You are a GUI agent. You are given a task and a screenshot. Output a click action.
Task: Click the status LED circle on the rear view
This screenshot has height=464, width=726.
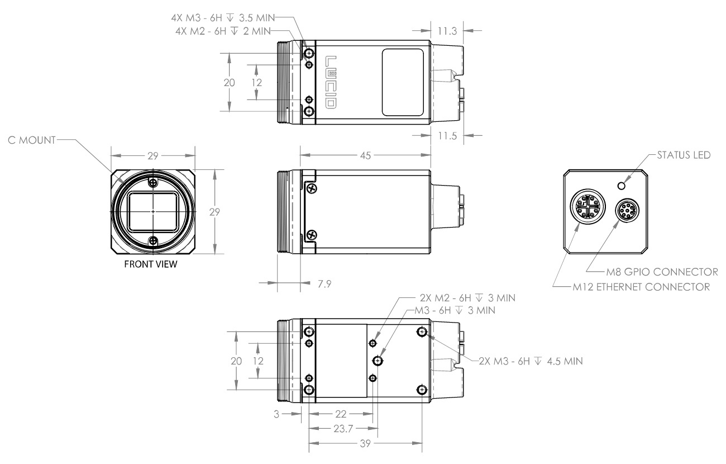[620, 185]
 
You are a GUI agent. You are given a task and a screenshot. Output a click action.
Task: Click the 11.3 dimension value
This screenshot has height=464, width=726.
[447, 31]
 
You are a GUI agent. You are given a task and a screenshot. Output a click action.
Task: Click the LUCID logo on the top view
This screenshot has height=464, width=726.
[331, 81]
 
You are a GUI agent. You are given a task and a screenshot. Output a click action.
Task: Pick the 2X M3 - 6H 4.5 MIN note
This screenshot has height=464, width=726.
[531, 361]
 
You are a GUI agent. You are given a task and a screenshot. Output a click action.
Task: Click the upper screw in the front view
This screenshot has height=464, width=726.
[153, 183]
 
